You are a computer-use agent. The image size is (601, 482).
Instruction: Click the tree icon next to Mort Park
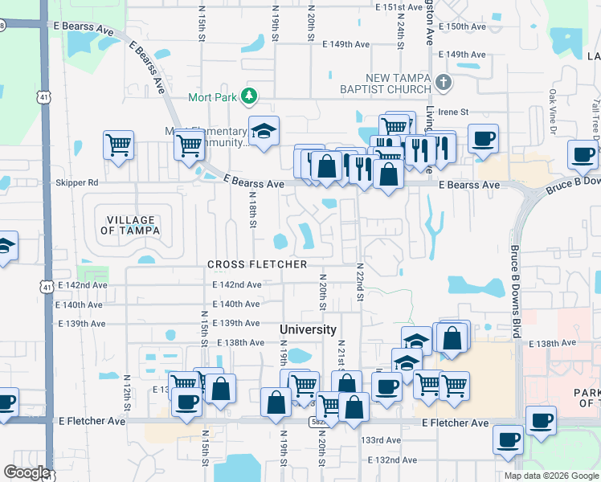pos(250,97)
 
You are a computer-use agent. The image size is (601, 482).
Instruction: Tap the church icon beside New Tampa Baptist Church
pos(443,82)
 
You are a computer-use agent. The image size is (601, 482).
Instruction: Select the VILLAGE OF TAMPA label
pos(127,225)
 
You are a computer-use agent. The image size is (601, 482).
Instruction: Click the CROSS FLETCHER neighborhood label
pos(257,264)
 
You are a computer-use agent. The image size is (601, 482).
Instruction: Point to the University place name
pos(308,329)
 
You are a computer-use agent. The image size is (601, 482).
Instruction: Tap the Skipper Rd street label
pos(76,182)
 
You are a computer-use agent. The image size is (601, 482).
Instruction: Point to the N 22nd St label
pos(361,281)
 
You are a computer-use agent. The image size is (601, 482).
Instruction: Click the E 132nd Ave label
pos(393,460)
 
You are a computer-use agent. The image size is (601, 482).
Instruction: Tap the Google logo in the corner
pos(27,472)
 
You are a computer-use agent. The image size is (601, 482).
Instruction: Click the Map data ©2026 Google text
pos(550,476)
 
